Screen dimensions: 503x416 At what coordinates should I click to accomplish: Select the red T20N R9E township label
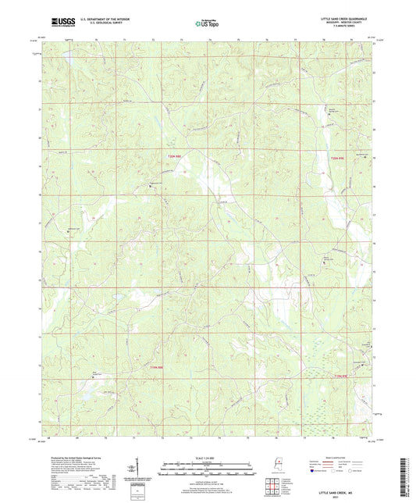tap(336, 159)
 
